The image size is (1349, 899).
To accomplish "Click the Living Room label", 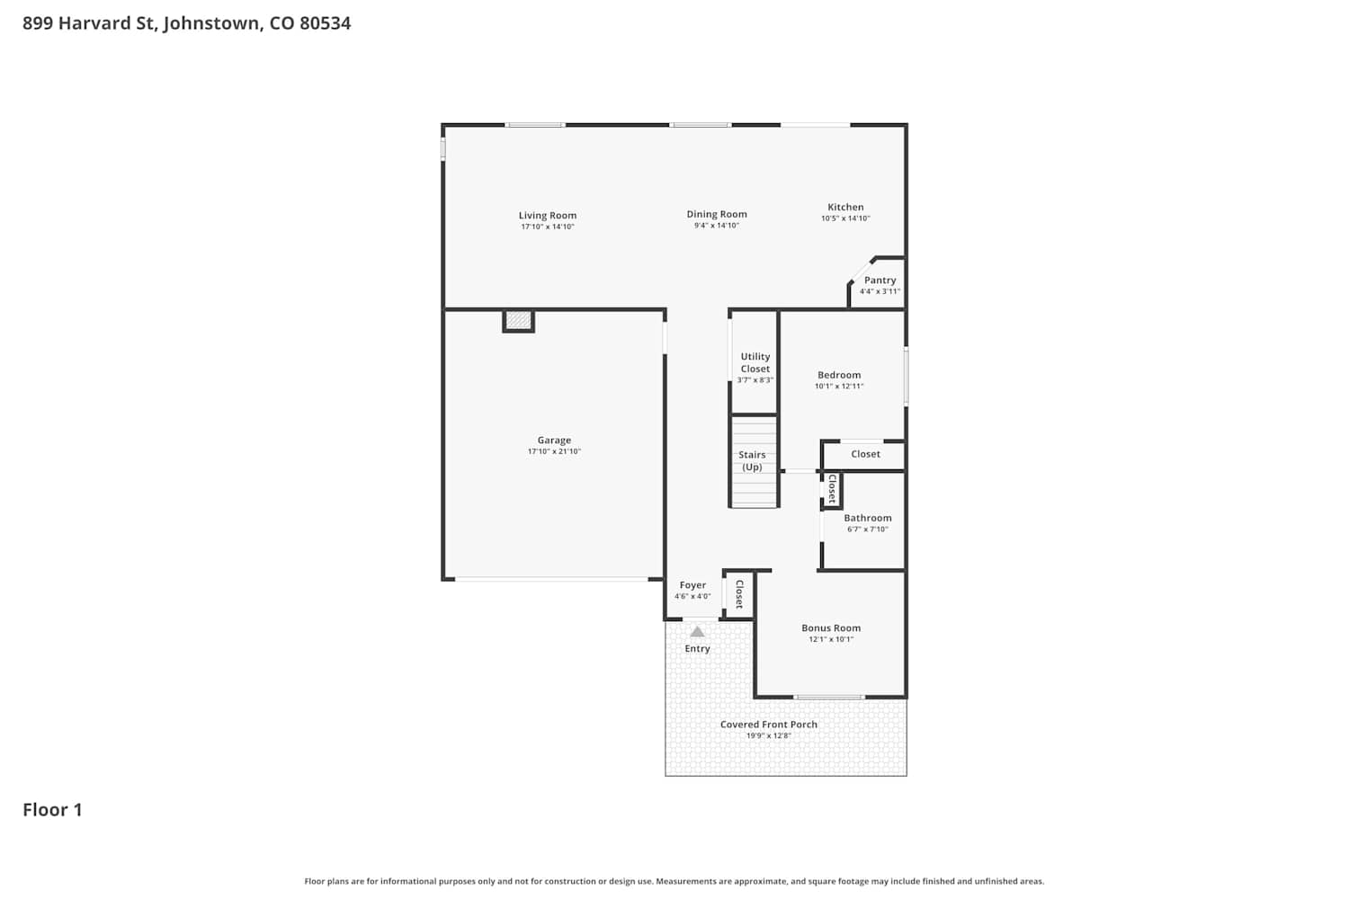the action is pos(548,215).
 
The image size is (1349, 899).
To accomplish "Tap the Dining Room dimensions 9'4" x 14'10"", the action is pos(716,226).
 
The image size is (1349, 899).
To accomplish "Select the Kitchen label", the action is pos(845,207).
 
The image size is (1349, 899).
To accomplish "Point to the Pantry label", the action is pos(880,280).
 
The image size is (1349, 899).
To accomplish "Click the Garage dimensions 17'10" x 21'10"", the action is pos(554,451).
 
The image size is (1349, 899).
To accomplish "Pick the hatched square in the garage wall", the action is pos(518,320).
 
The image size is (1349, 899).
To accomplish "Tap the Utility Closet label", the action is pos(755,362).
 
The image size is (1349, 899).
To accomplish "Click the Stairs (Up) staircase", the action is pos(754,461).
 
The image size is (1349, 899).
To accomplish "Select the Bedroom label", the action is pos(839,375).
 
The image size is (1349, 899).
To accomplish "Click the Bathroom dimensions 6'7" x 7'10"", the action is pos(867,530).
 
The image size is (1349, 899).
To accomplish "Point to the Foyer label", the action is pos(692,584).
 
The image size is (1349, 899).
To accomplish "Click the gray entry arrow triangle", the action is pos(697,632).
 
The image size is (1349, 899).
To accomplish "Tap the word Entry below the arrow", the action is pos(697,648).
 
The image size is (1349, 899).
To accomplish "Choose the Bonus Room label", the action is pos(831,628).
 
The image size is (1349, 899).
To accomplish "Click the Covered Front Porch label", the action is pos(769,725).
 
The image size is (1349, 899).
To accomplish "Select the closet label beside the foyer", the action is pos(739,594).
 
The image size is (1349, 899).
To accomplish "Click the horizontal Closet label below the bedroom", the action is pos(865,454).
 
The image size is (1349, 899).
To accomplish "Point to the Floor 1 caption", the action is pos(52,810).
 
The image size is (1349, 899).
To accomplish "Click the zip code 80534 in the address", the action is pos(326,22).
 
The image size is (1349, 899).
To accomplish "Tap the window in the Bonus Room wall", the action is pos(829,698).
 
